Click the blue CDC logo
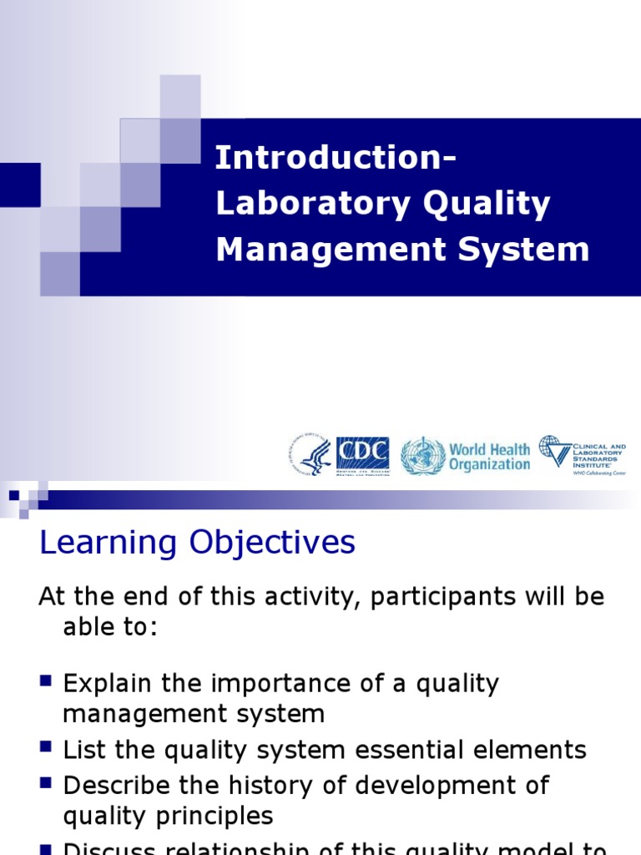[x=362, y=456]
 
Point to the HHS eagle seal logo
[x=310, y=456]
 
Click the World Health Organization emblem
[x=422, y=457]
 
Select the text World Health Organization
[x=489, y=457]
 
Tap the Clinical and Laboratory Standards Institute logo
[x=582, y=455]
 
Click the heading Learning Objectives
[x=198, y=543]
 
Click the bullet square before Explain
[x=47, y=681]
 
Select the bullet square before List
[x=47, y=748]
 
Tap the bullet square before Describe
[x=47, y=782]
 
